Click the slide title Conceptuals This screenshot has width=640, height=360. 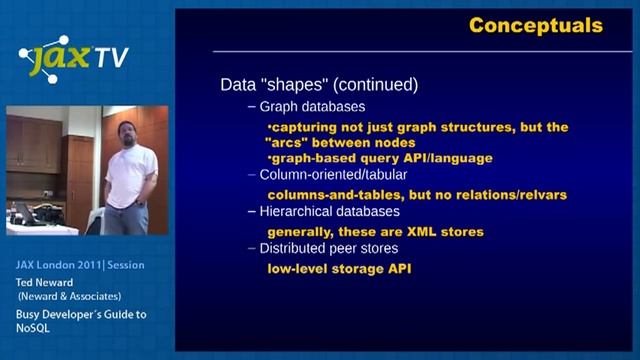click(536, 25)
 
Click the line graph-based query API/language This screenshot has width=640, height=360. click(380, 158)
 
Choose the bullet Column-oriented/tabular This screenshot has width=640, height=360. click(327, 174)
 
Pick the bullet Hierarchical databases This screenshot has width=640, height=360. click(330, 212)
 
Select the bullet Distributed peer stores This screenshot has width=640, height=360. click(328, 248)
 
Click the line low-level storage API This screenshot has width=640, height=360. click(339, 268)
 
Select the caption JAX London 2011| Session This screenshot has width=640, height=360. click(79, 265)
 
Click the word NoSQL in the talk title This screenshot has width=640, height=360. click(32, 327)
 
